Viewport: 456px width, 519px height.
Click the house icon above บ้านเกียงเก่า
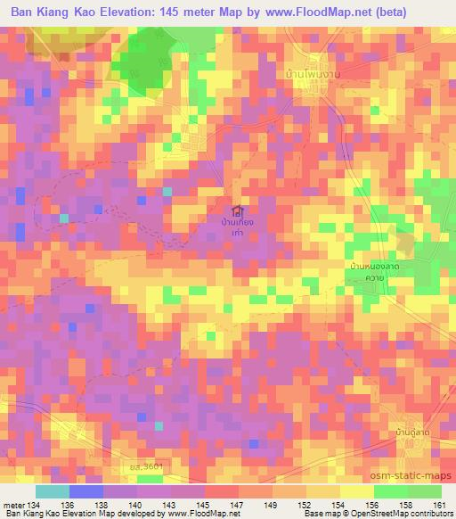click(x=236, y=211)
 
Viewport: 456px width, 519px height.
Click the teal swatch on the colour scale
click(x=53, y=491)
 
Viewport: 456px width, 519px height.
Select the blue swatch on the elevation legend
click(x=86, y=491)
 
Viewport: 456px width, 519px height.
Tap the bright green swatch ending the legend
click(x=424, y=491)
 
